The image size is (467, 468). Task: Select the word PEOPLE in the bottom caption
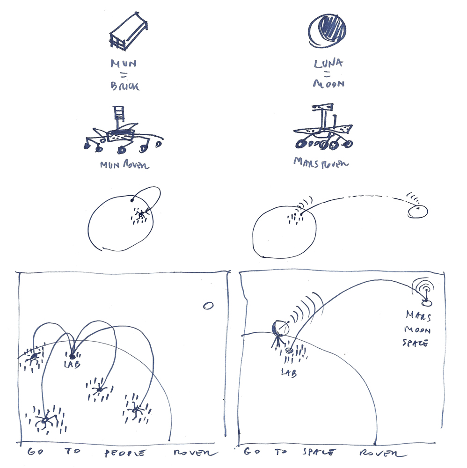tap(124, 453)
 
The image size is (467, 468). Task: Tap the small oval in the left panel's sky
tap(208, 306)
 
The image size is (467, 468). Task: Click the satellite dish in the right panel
tap(279, 329)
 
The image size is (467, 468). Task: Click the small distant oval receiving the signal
tap(417, 211)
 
